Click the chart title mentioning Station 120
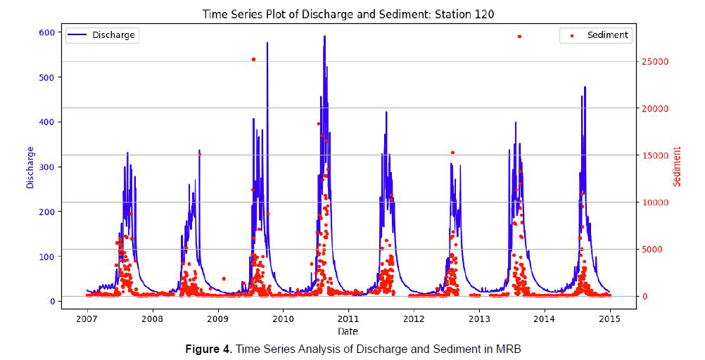coord(352,13)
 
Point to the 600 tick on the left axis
coord(46,32)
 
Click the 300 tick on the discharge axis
coord(46,167)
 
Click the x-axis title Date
coord(348,330)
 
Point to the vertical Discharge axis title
coord(30,167)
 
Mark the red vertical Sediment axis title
coord(678,167)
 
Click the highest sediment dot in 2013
coord(519,37)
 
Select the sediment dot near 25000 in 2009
coord(253,59)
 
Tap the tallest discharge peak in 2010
coord(324,37)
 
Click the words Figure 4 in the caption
coord(208,349)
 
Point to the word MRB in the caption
coord(508,349)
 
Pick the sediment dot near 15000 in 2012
coord(452,153)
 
